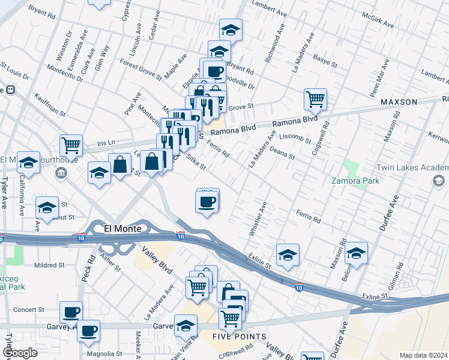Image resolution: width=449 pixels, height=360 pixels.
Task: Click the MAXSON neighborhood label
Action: [x=399, y=102]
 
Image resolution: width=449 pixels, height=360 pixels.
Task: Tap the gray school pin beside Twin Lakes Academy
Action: [x=439, y=180]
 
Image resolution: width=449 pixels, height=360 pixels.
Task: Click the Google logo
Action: [x=20, y=353]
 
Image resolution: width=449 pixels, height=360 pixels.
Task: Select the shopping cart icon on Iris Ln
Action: [x=71, y=144]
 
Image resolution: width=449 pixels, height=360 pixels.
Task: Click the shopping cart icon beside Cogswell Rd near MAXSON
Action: [x=315, y=98]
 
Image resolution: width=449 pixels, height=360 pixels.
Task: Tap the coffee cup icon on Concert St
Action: [x=71, y=311]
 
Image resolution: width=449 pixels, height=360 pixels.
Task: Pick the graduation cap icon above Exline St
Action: [x=288, y=254]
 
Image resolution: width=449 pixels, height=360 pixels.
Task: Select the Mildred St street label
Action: [x=49, y=265]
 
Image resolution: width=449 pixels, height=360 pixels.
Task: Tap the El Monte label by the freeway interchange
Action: [x=123, y=229]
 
